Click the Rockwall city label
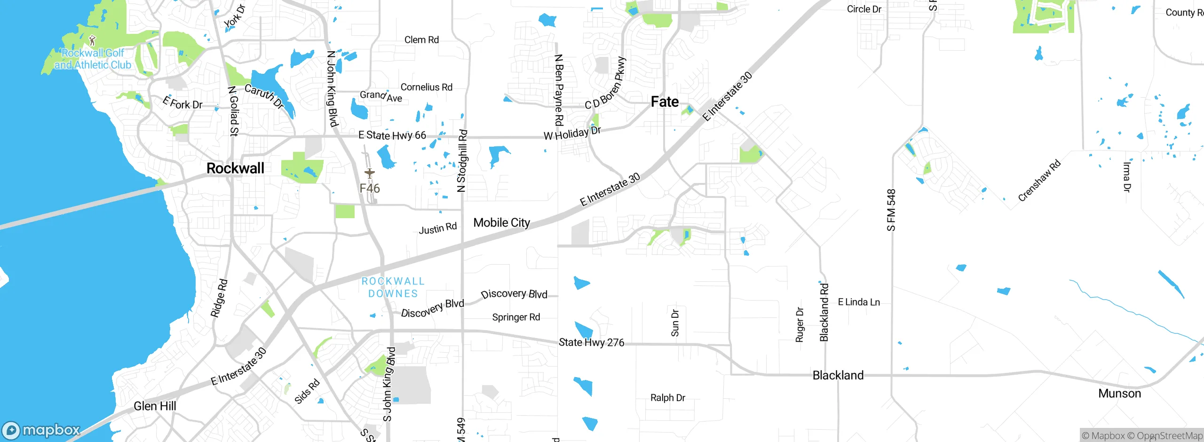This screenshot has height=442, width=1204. click(x=235, y=168)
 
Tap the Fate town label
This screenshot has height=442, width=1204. click(x=665, y=102)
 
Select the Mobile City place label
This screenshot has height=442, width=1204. click(x=501, y=222)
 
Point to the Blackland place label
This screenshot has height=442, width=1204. click(x=838, y=375)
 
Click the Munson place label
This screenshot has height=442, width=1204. click(x=1119, y=394)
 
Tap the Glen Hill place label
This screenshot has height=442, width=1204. click(x=155, y=406)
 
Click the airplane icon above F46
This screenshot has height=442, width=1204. click(x=370, y=174)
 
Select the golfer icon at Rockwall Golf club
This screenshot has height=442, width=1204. click(x=92, y=40)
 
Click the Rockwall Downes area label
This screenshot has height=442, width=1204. click(x=393, y=287)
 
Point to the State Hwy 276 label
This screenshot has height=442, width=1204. click(x=591, y=342)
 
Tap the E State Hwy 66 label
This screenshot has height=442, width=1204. click(x=392, y=135)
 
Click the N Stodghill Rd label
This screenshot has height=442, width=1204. click(x=462, y=161)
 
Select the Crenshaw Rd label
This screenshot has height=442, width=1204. click(x=1039, y=181)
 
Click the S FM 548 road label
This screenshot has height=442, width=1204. click(x=891, y=210)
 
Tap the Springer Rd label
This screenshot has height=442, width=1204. click(x=516, y=317)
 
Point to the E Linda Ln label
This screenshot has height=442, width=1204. click(x=859, y=302)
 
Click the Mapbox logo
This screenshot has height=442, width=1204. click(x=41, y=430)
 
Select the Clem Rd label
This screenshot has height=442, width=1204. click(x=421, y=40)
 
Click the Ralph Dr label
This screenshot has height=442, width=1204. click(x=667, y=398)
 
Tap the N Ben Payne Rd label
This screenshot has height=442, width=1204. click(x=559, y=90)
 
